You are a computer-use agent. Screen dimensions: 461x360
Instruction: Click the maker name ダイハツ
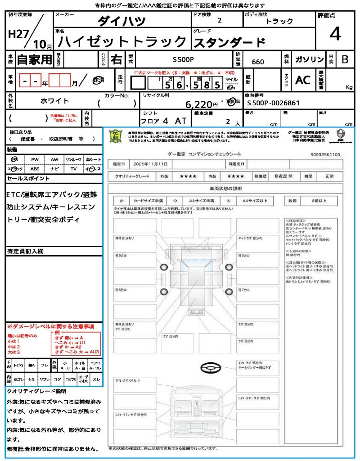click(121, 21)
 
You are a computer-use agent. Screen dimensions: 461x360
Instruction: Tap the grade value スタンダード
click(229, 42)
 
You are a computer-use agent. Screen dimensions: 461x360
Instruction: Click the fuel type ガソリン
click(309, 59)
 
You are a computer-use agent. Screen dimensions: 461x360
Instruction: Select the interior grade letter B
click(345, 59)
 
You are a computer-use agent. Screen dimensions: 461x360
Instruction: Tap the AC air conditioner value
click(303, 80)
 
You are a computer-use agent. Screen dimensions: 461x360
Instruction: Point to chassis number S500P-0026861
click(273, 103)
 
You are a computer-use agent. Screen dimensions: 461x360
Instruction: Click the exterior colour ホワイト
click(55, 101)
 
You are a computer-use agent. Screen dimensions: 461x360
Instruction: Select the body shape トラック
click(279, 21)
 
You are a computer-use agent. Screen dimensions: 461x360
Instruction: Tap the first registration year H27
click(18, 35)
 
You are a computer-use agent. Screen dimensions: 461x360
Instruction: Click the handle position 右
click(117, 59)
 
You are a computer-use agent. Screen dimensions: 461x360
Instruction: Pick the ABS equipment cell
click(35, 169)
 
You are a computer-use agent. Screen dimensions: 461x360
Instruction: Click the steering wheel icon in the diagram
click(210, 369)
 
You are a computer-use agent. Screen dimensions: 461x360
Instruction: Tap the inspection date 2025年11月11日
click(153, 164)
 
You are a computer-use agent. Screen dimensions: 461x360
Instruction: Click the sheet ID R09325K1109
click(325, 154)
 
